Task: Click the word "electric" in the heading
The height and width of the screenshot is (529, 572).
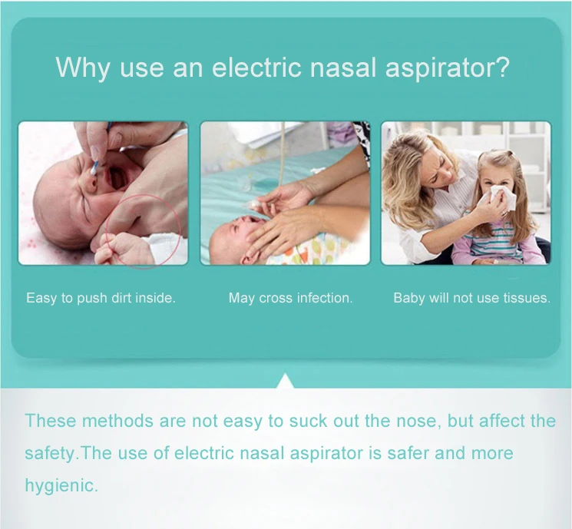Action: point(256,67)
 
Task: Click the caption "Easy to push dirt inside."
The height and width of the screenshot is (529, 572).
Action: point(101,298)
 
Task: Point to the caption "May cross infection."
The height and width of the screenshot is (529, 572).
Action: point(290,298)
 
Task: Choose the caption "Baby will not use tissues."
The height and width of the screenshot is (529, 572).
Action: point(471,298)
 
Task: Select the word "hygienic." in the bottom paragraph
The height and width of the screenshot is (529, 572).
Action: point(61,486)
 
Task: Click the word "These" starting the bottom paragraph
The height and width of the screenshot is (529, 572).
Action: point(51,421)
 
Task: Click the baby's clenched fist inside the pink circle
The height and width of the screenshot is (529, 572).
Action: point(124,248)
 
